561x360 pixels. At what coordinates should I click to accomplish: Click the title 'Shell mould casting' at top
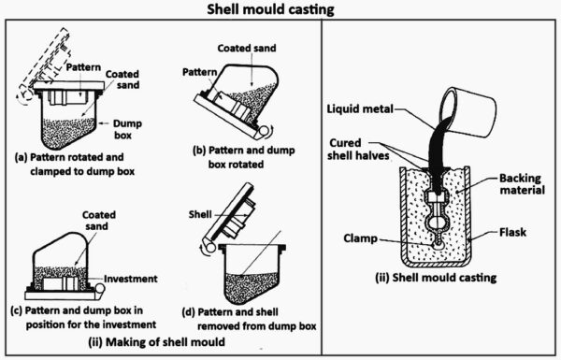click(x=280, y=11)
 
